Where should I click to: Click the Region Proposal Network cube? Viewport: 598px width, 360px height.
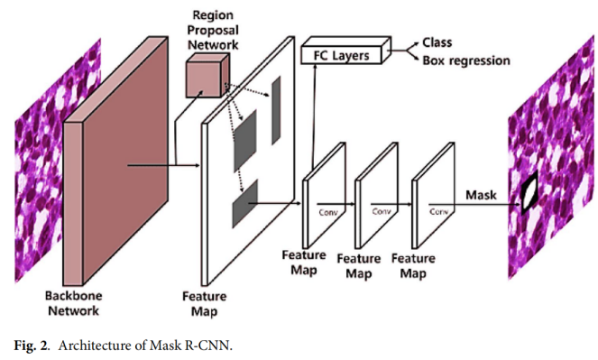[207, 77]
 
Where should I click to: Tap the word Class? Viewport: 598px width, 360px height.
[437, 42]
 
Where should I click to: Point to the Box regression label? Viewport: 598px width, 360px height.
[466, 60]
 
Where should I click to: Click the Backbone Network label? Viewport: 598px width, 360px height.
[73, 303]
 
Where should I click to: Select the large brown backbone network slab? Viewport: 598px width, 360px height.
[115, 161]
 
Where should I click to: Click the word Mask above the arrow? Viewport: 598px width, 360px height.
[481, 195]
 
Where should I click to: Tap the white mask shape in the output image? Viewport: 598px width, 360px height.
[529, 194]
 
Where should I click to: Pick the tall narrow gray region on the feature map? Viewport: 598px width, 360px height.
[276, 110]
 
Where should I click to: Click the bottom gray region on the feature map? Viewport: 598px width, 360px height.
[244, 204]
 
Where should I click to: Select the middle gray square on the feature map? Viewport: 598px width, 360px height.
[244, 141]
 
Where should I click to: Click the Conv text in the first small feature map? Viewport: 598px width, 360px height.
[328, 212]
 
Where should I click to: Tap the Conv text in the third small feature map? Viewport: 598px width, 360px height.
[439, 211]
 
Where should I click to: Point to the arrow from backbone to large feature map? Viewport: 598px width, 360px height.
[163, 165]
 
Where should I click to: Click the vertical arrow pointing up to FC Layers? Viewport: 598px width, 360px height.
[314, 115]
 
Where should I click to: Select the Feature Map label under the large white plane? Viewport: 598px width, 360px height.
[205, 304]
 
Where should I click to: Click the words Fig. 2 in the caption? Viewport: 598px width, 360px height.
[32, 346]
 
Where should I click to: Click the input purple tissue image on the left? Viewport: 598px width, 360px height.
[58, 161]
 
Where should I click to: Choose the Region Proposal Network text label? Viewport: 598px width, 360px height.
[213, 30]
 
